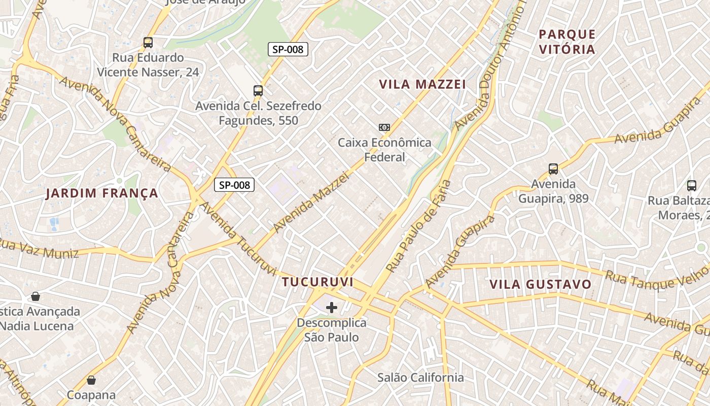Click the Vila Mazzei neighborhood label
[422, 84]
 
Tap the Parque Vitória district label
[567, 42]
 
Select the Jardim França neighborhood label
[102, 193]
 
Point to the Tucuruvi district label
[317, 282]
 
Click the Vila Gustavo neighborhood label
[541, 284]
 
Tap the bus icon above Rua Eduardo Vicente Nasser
[148, 43]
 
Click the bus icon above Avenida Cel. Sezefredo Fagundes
[258, 91]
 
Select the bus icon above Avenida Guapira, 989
[553, 169]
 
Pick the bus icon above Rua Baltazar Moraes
[692, 186]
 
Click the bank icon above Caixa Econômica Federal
[384, 127]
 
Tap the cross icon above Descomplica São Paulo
[332, 308]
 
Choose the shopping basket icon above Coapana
[91, 380]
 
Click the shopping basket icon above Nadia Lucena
[35, 296]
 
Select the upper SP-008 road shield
[288, 49]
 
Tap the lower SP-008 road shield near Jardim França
[234, 185]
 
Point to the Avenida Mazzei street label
[311, 202]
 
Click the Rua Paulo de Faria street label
[419, 225]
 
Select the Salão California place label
[420, 378]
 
